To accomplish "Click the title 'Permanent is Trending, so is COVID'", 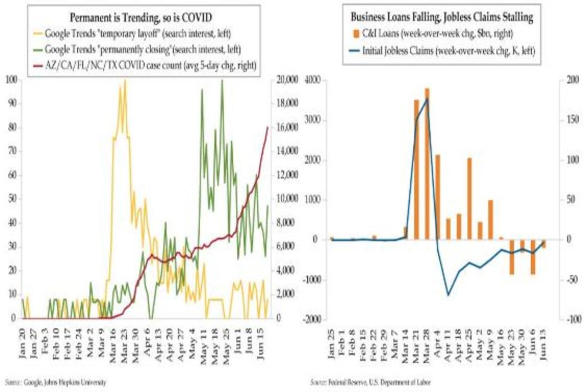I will click(142, 18).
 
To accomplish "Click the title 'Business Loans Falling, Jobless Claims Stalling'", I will click(442, 18).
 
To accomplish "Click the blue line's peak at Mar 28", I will click(427, 99).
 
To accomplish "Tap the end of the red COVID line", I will click(268, 127).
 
